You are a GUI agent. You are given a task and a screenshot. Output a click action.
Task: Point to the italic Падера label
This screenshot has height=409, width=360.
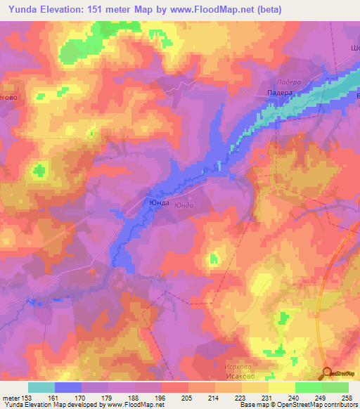(288, 82)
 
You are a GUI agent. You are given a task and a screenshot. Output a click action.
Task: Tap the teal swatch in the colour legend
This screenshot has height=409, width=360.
(41, 387)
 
